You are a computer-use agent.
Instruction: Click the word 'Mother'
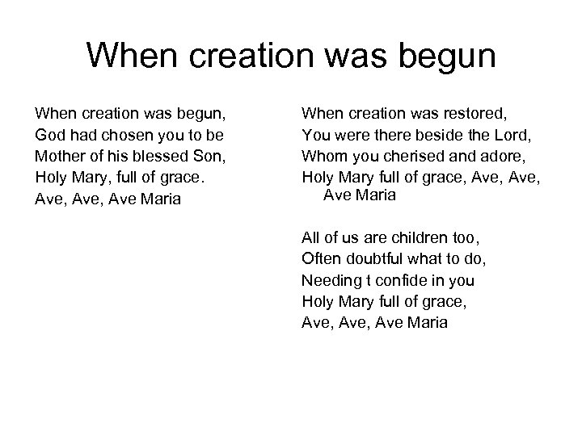tap(57, 155)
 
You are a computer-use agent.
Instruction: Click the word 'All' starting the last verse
tap(310, 238)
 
